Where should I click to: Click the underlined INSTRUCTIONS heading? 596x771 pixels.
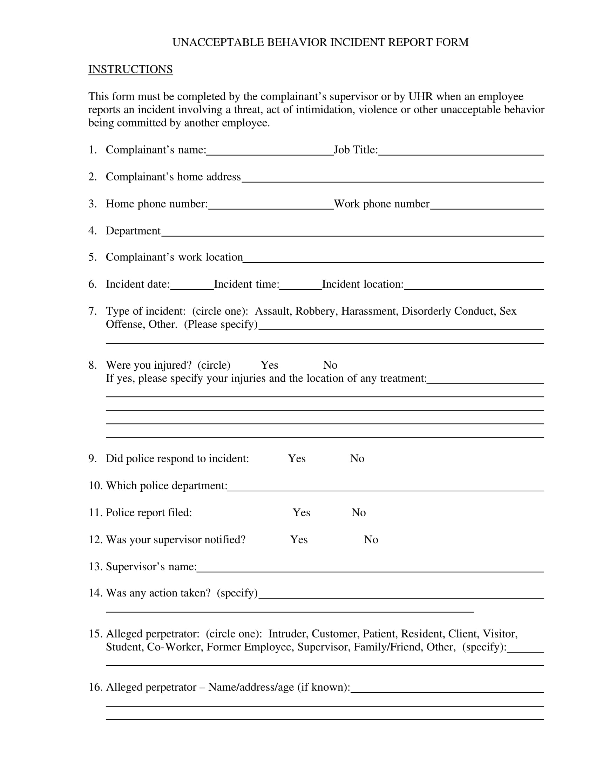[x=130, y=69]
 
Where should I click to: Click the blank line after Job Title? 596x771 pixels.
[x=460, y=152]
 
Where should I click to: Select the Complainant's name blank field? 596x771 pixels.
[x=270, y=152]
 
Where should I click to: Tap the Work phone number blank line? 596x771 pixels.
[x=487, y=206]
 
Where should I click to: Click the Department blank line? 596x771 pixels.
[x=352, y=233]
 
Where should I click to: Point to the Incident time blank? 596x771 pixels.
[x=300, y=286]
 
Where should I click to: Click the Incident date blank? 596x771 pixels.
[x=192, y=286]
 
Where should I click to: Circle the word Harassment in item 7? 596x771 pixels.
[x=368, y=311]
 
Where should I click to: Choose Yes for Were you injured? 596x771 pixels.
[x=269, y=365]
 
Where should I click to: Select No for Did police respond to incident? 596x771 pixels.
[x=357, y=459]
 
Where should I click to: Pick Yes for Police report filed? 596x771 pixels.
[x=301, y=513]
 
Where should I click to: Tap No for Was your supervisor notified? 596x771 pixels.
[x=371, y=540]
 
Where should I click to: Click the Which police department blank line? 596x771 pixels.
[x=385, y=487]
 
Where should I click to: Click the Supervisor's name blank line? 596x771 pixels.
[x=370, y=568]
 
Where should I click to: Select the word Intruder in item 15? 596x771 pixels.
[x=288, y=634]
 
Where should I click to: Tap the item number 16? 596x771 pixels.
[x=95, y=687]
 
